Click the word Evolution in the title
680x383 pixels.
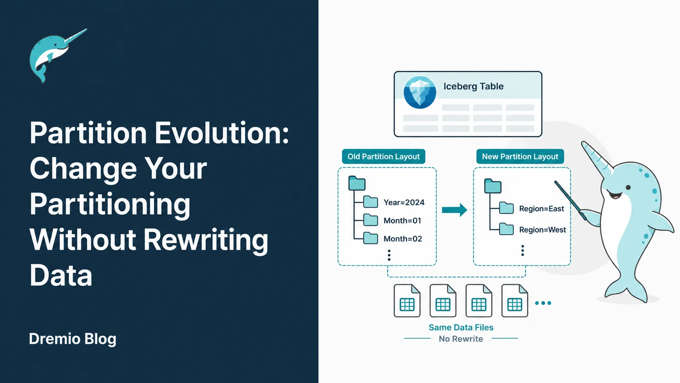(x=222, y=133)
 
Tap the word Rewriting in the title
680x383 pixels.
(x=206, y=240)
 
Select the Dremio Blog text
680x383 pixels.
(x=72, y=339)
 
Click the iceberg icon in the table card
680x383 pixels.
(x=420, y=92)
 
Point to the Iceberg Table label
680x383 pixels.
(x=473, y=86)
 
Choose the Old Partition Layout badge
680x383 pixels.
(x=384, y=156)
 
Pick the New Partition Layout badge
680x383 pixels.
(x=520, y=156)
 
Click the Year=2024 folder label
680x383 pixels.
(x=404, y=203)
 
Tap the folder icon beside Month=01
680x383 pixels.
(x=371, y=220)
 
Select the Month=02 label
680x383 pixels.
(x=403, y=239)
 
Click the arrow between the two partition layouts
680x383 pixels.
(x=454, y=210)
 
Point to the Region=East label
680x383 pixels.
(x=542, y=209)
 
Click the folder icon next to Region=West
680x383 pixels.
(x=506, y=229)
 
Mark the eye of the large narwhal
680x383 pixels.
(x=628, y=187)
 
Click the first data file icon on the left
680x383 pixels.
(x=407, y=301)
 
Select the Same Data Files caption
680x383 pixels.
(x=461, y=327)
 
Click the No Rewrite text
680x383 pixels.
(x=461, y=339)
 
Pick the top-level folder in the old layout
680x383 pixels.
(x=357, y=183)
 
